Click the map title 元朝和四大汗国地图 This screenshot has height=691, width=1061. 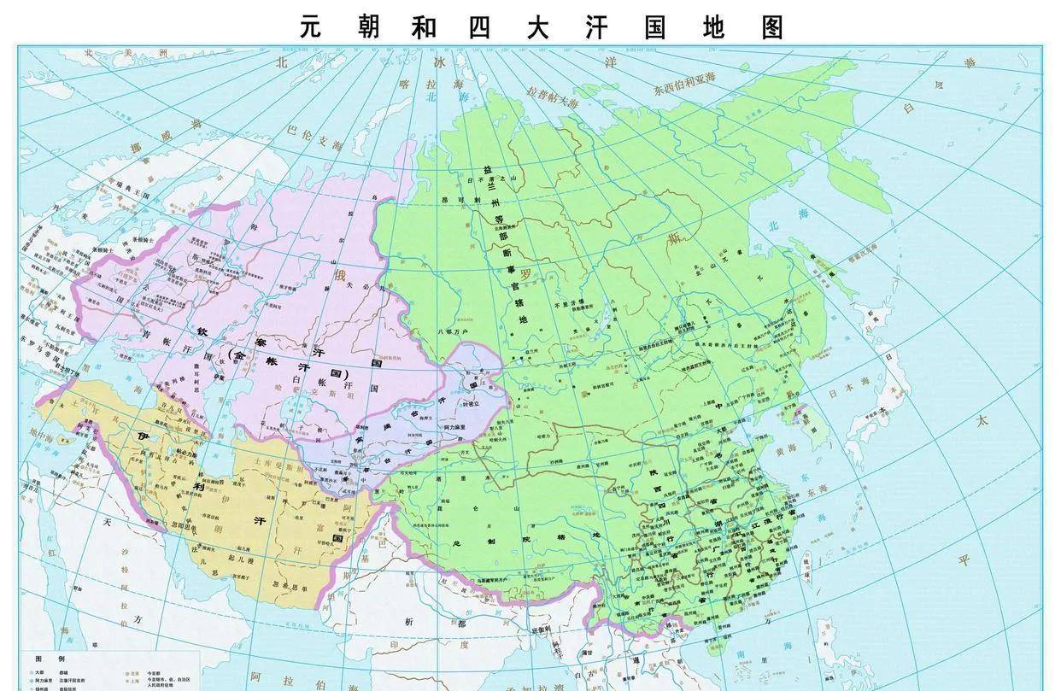(x=542, y=26)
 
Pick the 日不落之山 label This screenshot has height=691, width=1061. (x=492, y=180)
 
